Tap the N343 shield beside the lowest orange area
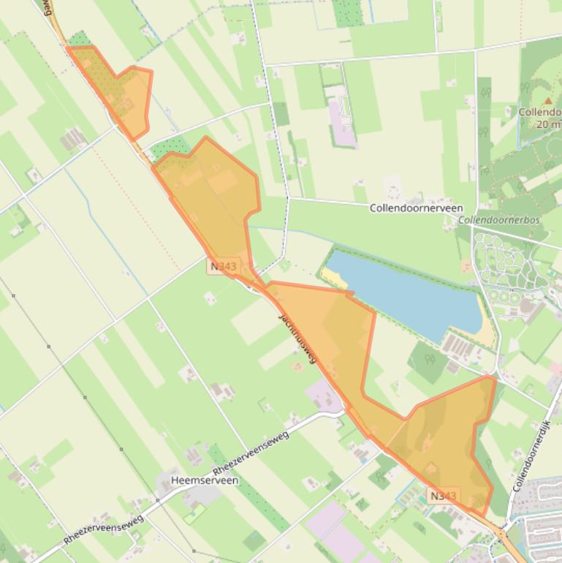tap(444, 496)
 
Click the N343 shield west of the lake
tap(223, 266)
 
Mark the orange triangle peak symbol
tap(548, 100)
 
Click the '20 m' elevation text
tap(548, 124)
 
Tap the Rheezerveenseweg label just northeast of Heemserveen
tap(251, 453)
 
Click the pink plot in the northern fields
tap(341, 117)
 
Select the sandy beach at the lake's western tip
tap(335, 277)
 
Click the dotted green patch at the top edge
tap(348, 12)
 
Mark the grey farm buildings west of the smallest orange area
tap(73, 137)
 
